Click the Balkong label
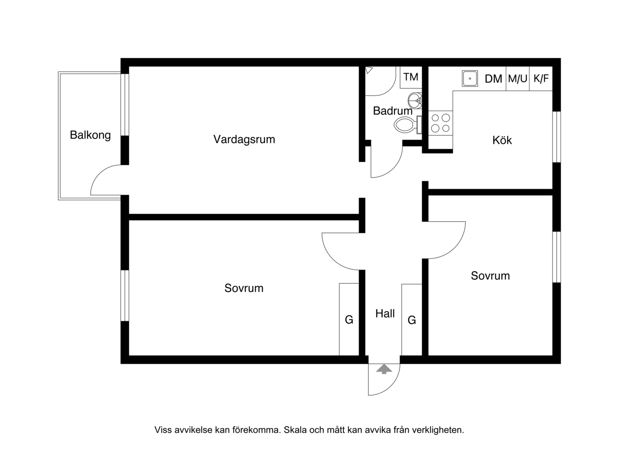pyautogui.click(x=90, y=135)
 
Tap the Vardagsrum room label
pyautogui.click(x=244, y=139)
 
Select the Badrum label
pyautogui.click(x=393, y=111)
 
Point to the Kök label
pyautogui.click(x=502, y=140)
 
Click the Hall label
pyautogui.click(x=385, y=313)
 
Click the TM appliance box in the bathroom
pyautogui.click(x=411, y=77)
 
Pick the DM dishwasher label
pyautogui.click(x=493, y=79)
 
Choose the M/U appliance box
pyautogui.click(x=518, y=78)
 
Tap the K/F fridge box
pyautogui.click(x=541, y=78)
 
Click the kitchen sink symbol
pyautogui.click(x=470, y=78)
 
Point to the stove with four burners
pyautogui.click(x=441, y=123)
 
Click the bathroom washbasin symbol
pyautogui.click(x=415, y=100)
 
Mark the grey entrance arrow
pyautogui.click(x=384, y=369)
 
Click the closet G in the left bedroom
pyautogui.click(x=349, y=319)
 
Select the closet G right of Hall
pyautogui.click(x=412, y=319)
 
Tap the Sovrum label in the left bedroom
pyautogui.click(x=244, y=288)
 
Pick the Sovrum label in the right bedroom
pyautogui.click(x=490, y=276)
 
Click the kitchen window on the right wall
pyautogui.click(x=556, y=137)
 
